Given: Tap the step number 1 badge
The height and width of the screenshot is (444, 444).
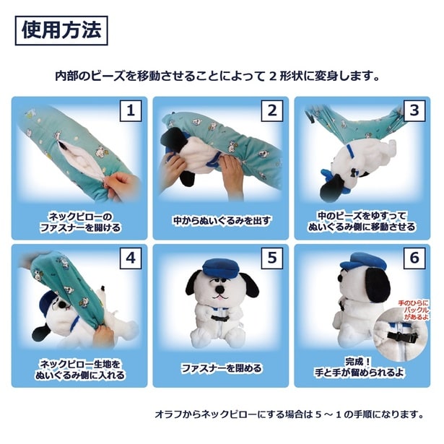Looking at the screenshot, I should point(131,110).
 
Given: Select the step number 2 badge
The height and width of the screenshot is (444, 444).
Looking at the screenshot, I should point(271,110).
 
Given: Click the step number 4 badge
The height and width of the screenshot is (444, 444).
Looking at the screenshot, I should point(131,258).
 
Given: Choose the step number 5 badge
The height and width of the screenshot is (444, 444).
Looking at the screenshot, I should point(271,258).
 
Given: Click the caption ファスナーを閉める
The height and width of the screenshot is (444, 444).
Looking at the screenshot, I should point(221,367).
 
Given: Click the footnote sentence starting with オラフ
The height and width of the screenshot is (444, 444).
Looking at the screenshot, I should point(288,414).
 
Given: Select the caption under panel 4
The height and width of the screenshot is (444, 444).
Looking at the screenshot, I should point(80,367).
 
